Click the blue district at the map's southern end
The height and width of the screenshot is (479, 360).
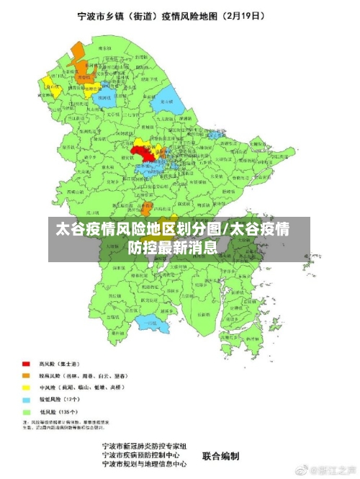point(152,326)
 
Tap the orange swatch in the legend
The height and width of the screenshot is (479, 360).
point(26,376)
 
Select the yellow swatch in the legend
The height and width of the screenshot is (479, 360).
point(26,388)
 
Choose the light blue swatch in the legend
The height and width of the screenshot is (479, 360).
point(26,399)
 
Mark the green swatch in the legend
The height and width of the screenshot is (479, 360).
point(26,411)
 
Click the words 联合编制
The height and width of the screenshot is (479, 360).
point(221,456)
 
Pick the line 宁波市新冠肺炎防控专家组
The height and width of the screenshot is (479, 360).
point(145,447)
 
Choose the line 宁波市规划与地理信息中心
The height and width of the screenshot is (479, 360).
point(145,465)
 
